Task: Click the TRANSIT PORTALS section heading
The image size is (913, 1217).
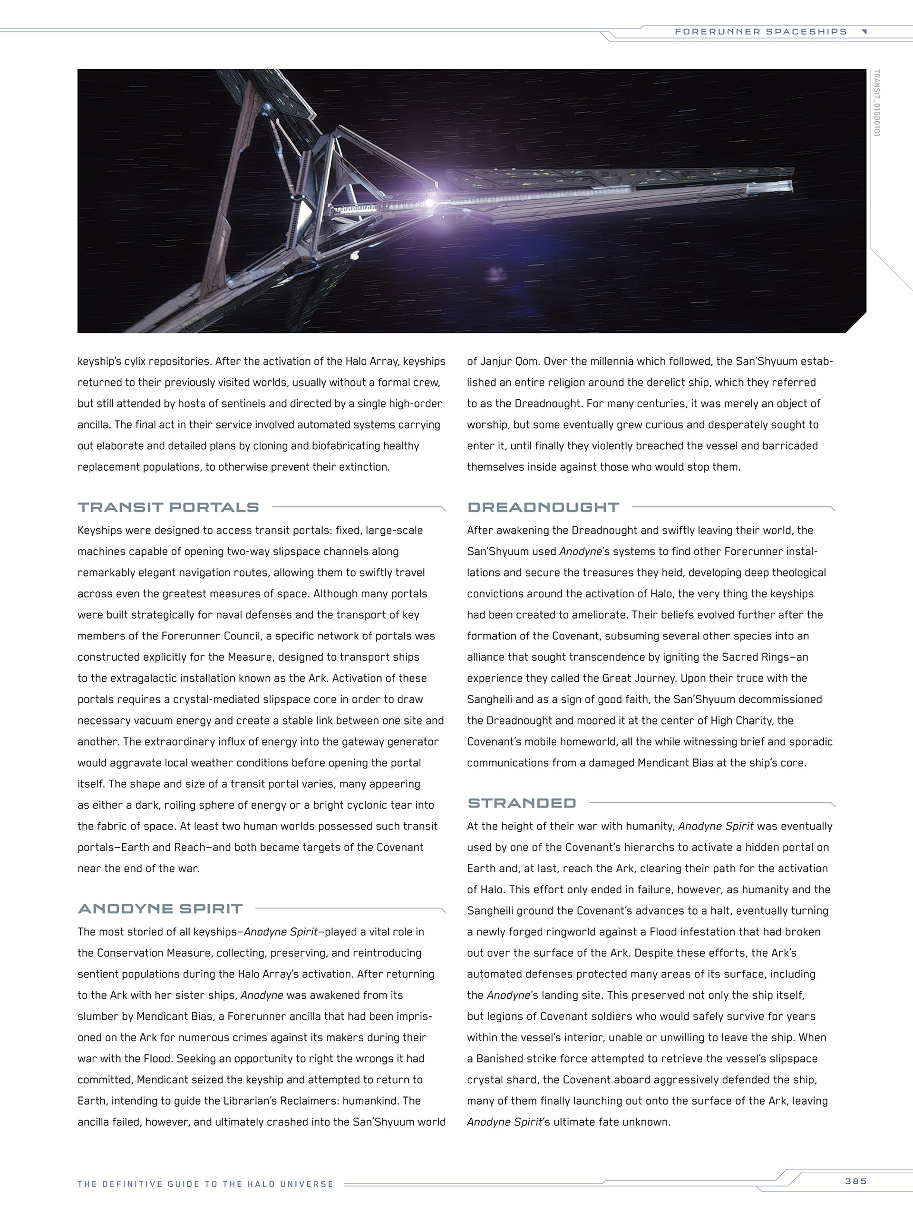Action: click(x=168, y=507)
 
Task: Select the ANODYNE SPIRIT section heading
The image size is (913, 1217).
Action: click(x=160, y=908)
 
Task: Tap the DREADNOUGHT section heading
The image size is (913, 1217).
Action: click(x=543, y=507)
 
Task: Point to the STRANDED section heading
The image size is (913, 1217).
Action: click(x=521, y=803)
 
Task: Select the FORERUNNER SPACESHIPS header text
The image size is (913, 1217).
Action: click(x=760, y=32)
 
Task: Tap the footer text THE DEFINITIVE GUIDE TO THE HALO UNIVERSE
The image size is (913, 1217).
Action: click(x=205, y=1184)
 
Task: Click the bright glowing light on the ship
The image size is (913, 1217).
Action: click(x=429, y=202)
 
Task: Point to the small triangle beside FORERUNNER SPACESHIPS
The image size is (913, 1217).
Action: click(x=864, y=32)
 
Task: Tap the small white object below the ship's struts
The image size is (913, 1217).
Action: click(x=354, y=255)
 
